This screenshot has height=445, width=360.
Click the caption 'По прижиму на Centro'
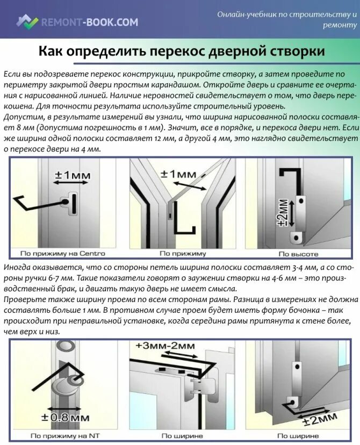[62, 253]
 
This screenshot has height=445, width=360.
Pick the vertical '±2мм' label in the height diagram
[283, 212]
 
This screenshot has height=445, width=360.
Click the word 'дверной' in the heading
[247, 52]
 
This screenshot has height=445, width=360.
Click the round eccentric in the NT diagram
[63, 386]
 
